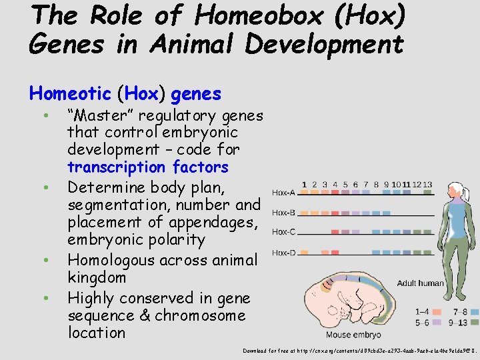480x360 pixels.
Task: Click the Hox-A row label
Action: (x=283, y=193)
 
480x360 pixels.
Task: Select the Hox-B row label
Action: (x=283, y=213)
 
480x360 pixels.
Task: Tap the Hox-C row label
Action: (x=283, y=233)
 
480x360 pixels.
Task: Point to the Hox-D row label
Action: (x=283, y=253)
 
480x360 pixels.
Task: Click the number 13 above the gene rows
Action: (x=427, y=185)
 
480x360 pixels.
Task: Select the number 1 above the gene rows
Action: (x=304, y=185)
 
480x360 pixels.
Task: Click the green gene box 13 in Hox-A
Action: (x=427, y=194)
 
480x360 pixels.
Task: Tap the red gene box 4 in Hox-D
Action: (x=335, y=253)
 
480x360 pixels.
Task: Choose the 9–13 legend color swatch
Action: (x=474, y=321)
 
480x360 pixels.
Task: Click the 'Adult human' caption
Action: (x=420, y=283)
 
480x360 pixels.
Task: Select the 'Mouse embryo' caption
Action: (x=353, y=334)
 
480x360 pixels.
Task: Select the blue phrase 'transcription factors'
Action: (x=147, y=167)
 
